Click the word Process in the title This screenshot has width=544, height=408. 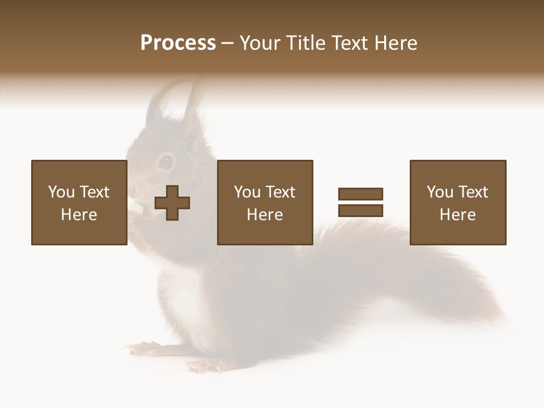pos(178,43)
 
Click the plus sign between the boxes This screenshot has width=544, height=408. pos(172,203)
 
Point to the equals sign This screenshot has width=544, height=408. pos(360,202)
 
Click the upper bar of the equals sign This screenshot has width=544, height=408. pos(360,194)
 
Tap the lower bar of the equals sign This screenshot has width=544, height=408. pos(360,211)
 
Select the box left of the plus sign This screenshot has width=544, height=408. pos(79,202)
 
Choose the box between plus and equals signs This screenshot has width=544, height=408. pos(265,202)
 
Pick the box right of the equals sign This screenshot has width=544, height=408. pos(457,202)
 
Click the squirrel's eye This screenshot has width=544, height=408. pos(165,162)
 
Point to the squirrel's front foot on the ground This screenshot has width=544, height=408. pos(142,348)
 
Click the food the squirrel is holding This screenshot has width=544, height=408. pos(136,207)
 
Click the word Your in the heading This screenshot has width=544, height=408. pos(261,43)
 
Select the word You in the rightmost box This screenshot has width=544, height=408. pos(440,192)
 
